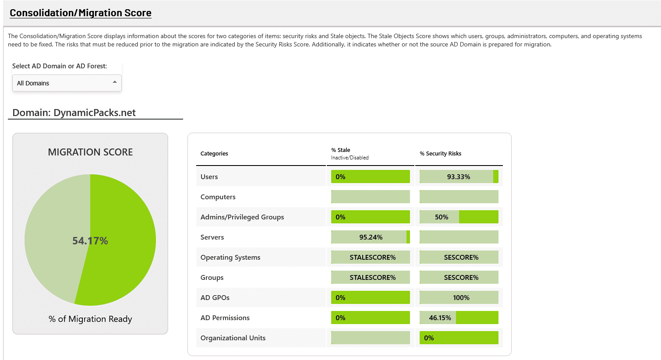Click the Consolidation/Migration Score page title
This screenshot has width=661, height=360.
(x=81, y=13)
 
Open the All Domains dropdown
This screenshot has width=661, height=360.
(x=67, y=83)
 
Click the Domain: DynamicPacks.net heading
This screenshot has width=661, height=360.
(x=74, y=113)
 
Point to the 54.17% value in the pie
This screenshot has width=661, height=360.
(x=90, y=241)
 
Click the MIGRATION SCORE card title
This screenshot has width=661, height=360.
(x=90, y=152)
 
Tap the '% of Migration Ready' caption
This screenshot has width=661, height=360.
(x=90, y=319)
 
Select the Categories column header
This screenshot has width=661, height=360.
(x=214, y=154)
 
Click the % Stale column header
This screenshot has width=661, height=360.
(x=341, y=150)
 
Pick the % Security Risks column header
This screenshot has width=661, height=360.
(x=440, y=154)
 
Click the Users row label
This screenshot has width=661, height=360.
(x=209, y=177)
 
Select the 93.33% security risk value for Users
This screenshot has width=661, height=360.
(x=459, y=177)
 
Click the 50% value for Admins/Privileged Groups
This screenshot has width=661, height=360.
(x=442, y=217)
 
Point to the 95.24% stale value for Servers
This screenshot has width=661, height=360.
(x=371, y=237)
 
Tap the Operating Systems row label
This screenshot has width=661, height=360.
(x=230, y=258)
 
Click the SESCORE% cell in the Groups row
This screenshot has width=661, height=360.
(x=461, y=278)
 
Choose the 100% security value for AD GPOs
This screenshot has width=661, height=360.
(x=461, y=298)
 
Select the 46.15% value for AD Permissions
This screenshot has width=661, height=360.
(x=440, y=318)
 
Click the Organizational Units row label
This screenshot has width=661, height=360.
(x=233, y=338)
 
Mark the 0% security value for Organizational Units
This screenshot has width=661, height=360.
(x=429, y=338)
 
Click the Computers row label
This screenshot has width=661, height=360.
(x=218, y=197)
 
